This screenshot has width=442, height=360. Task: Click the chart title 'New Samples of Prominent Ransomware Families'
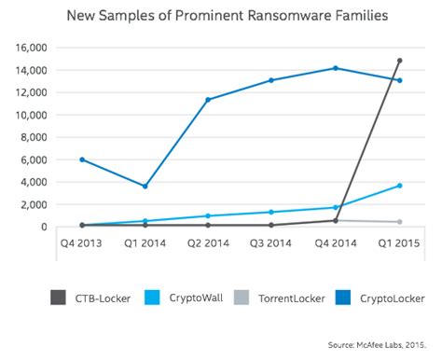[x=221, y=17]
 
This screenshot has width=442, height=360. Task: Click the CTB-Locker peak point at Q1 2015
[x=399, y=61]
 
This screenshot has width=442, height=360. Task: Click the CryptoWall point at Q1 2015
[x=399, y=186]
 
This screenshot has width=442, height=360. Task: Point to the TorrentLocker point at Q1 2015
[x=399, y=222]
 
